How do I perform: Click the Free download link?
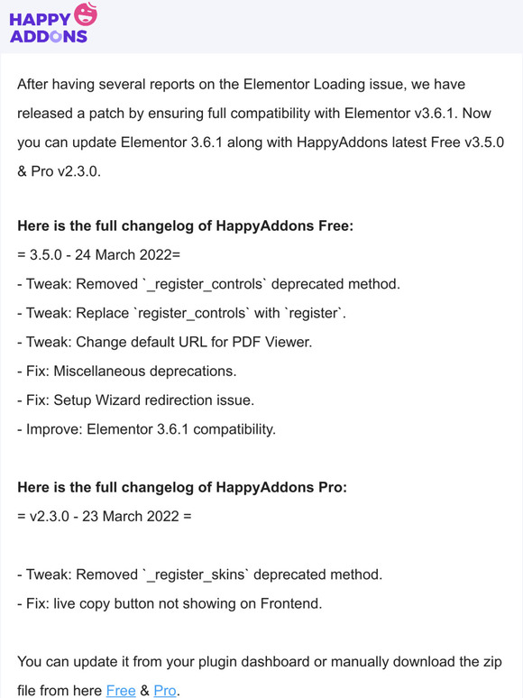pos(121,690)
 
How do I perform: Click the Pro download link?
pos(165,690)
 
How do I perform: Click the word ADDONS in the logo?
pos(48,36)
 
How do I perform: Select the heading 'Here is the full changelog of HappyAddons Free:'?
pos(185,225)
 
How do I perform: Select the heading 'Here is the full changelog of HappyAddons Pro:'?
pos(182,487)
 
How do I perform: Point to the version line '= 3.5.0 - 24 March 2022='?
pos(99,255)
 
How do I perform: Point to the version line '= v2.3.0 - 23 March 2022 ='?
pos(105,517)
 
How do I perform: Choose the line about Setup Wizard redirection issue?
pos(135,400)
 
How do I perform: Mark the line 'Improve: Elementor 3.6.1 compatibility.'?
pos(146,428)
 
